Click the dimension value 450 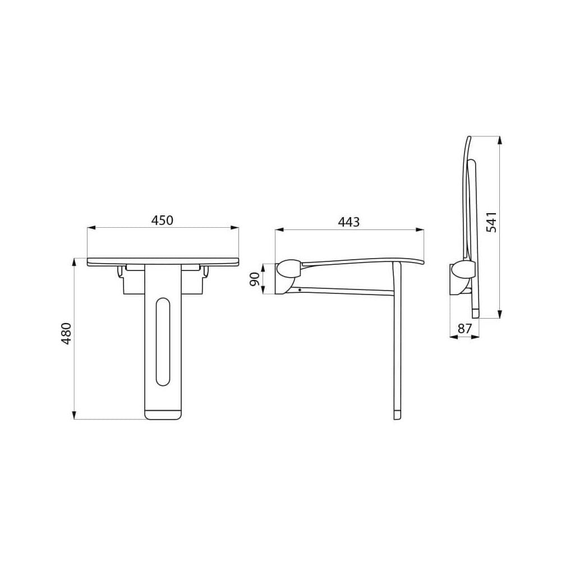click(162, 220)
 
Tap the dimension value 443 click(348, 222)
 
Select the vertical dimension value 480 click(67, 333)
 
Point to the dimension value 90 click(255, 279)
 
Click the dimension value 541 click(491, 222)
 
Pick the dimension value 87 click(465, 329)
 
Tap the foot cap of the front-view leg click(163, 415)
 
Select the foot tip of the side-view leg click(397, 415)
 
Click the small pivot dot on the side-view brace click(300, 290)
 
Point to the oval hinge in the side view click(289, 269)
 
